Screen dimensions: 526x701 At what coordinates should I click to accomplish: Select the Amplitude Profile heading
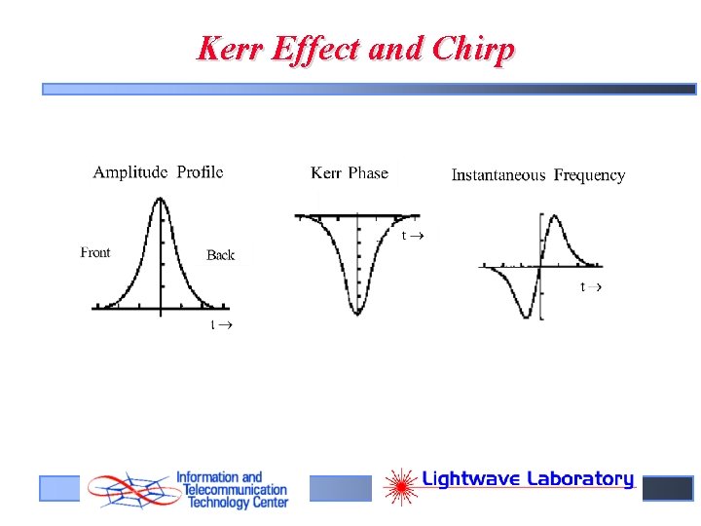(158, 172)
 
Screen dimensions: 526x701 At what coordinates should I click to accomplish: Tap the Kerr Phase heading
(350, 173)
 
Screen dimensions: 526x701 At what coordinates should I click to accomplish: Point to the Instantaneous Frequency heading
(537, 175)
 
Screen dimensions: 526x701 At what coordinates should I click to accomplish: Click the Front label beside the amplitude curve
(95, 253)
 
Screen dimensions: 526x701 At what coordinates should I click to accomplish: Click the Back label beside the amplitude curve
(220, 255)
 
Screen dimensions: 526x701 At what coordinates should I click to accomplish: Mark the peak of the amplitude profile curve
(160, 200)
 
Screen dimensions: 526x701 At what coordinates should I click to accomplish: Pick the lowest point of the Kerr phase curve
(358, 313)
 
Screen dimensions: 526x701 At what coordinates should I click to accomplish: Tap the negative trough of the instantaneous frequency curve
(528, 316)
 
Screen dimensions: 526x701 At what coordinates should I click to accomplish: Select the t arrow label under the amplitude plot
(222, 324)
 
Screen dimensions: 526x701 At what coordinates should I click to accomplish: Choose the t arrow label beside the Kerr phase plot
(413, 236)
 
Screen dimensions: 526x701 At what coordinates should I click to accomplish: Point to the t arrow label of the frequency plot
(591, 286)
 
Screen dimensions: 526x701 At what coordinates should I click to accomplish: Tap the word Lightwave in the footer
(471, 479)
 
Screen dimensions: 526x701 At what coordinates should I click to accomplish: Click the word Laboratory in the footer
(580, 479)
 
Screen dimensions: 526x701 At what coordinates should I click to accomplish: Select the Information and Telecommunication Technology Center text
(232, 490)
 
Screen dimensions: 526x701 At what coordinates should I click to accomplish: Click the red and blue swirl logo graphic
(127, 490)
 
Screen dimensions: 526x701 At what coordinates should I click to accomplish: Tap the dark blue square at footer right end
(668, 488)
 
